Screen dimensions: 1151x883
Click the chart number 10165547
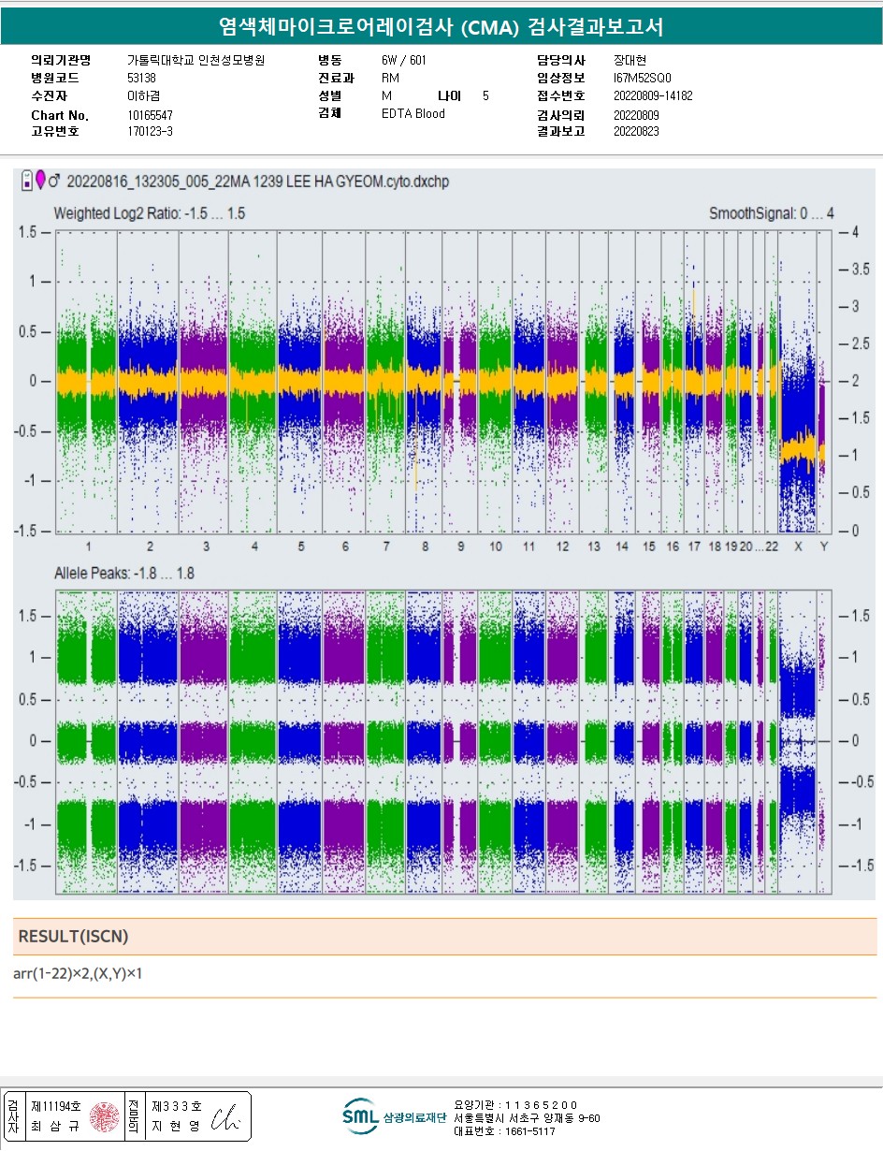tap(150, 115)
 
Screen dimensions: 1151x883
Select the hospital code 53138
tap(141, 78)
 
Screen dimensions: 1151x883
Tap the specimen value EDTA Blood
tap(413, 113)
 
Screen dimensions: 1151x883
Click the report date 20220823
tap(636, 131)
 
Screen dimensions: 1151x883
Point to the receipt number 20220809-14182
tap(653, 95)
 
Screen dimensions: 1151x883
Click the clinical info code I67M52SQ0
tap(642, 78)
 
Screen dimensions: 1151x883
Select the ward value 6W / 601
tap(403, 60)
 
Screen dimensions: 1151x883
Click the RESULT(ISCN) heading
tap(73, 937)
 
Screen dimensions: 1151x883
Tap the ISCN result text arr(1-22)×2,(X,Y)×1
tap(78, 974)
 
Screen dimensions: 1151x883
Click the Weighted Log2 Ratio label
tap(150, 213)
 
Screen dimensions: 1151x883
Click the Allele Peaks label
tap(124, 574)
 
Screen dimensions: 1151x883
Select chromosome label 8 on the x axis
tap(426, 546)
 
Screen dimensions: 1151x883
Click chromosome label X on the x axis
tap(798, 546)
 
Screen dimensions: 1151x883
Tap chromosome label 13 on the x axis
tap(594, 546)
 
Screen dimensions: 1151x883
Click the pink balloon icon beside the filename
tap(40, 180)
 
